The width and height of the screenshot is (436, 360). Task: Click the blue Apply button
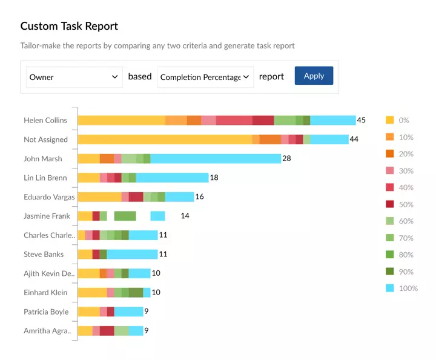coord(314,76)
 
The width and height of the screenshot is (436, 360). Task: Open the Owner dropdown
coord(74,77)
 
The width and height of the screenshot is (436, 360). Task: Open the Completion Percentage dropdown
coord(205,77)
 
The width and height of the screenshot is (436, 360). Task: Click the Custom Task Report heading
coord(69,26)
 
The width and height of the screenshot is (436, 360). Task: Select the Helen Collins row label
coord(45,120)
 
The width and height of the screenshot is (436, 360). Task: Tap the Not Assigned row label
coord(45,139)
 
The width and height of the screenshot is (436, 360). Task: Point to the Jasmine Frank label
coord(47,216)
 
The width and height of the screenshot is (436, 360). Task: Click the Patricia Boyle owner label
coord(46,312)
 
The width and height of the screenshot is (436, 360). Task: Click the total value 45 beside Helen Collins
coord(362,120)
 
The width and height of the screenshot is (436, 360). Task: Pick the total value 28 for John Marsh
coord(287,158)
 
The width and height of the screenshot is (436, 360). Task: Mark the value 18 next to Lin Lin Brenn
coord(214,178)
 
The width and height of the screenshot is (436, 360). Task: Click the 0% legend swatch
coord(390,120)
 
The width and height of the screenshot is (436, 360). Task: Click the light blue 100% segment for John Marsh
coord(216,158)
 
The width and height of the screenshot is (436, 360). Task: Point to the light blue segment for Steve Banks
coord(132,254)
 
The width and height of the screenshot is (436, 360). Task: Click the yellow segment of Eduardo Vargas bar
coord(99,196)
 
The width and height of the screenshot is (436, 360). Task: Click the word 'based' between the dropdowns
coord(140,76)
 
